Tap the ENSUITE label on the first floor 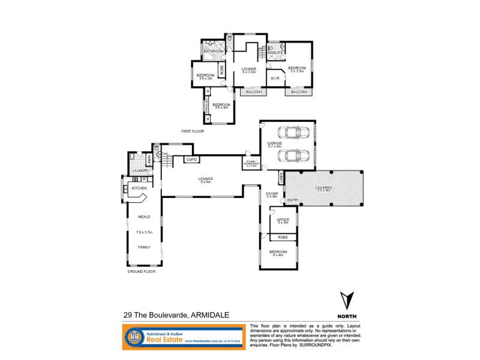(275, 53)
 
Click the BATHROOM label (213, 52)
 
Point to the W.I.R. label (276, 78)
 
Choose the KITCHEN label (139, 188)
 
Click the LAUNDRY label (140, 170)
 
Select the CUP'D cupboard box (191, 160)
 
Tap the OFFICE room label (283, 220)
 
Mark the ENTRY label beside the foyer (293, 200)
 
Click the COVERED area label (324, 187)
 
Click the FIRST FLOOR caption (193, 130)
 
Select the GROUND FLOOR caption (142, 271)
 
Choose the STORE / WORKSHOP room (251, 164)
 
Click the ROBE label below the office (283, 238)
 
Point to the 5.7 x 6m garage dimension (283, 146)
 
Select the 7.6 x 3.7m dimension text (145, 232)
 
